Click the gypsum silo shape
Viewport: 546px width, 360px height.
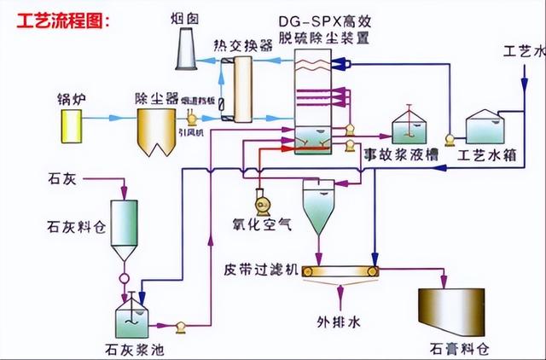[450, 311]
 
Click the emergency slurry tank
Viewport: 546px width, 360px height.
[413, 129]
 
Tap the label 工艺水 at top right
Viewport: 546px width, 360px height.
[524, 50]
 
